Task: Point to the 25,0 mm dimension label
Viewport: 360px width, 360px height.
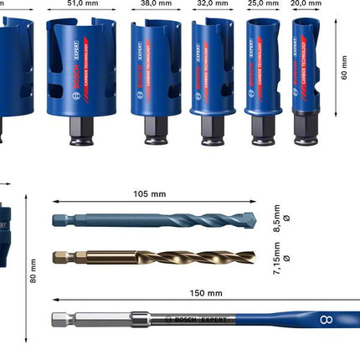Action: pos(260,3)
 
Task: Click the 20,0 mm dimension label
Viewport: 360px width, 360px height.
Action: pos(305,3)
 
